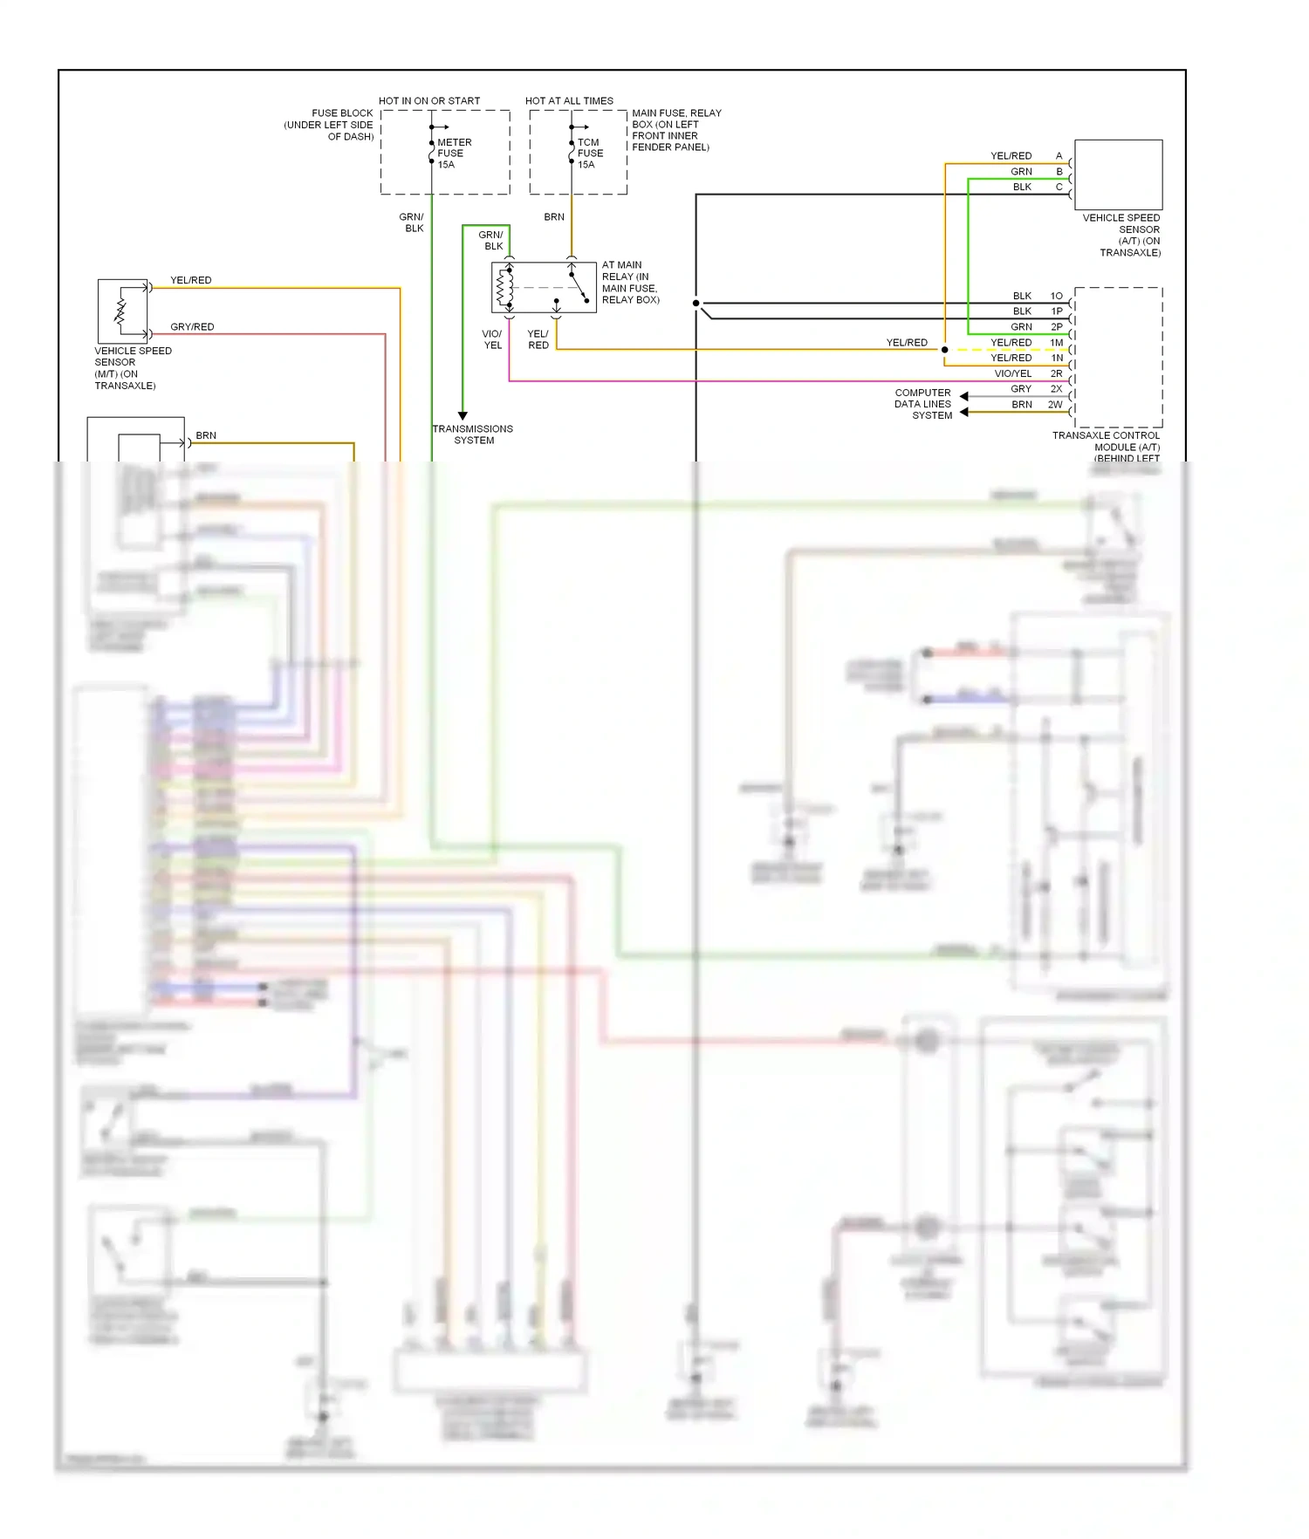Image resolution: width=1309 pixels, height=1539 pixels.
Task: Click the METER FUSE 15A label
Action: click(x=453, y=154)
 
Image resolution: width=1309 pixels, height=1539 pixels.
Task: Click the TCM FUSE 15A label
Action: click(x=590, y=154)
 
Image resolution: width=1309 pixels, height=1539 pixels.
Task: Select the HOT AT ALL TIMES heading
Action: click(x=569, y=101)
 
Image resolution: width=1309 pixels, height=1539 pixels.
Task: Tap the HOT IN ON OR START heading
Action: click(x=429, y=101)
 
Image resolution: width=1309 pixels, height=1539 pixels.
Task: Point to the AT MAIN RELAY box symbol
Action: click(x=544, y=287)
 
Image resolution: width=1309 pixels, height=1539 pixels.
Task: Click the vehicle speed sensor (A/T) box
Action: click(x=1118, y=174)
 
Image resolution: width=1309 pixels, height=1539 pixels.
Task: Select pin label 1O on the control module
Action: click(x=1056, y=296)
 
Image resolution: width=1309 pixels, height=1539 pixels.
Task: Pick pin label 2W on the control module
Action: click(x=1055, y=405)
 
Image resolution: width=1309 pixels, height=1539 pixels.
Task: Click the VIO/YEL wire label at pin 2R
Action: click(x=1012, y=373)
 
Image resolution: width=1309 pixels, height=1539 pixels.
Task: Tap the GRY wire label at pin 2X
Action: click(x=1021, y=389)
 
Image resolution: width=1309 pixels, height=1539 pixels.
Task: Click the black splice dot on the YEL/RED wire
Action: click(x=944, y=350)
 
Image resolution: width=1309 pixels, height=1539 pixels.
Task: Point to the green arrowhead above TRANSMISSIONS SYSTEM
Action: click(x=463, y=416)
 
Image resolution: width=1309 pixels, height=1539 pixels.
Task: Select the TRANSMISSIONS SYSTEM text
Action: click(x=473, y=434)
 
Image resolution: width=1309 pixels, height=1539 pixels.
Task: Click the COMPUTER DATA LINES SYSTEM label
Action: click(x=922, y=404)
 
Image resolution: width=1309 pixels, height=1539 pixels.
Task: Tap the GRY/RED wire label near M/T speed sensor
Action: click(x=192, y=327)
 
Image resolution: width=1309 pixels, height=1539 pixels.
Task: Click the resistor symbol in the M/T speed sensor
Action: click(x=120, y=311)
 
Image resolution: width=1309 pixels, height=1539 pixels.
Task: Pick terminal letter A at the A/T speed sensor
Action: click(x=1059, y=156)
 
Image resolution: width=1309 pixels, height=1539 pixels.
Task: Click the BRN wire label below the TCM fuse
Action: click(x=554, y=217)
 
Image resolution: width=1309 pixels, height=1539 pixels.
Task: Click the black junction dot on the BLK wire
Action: click(x=696, y=304)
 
